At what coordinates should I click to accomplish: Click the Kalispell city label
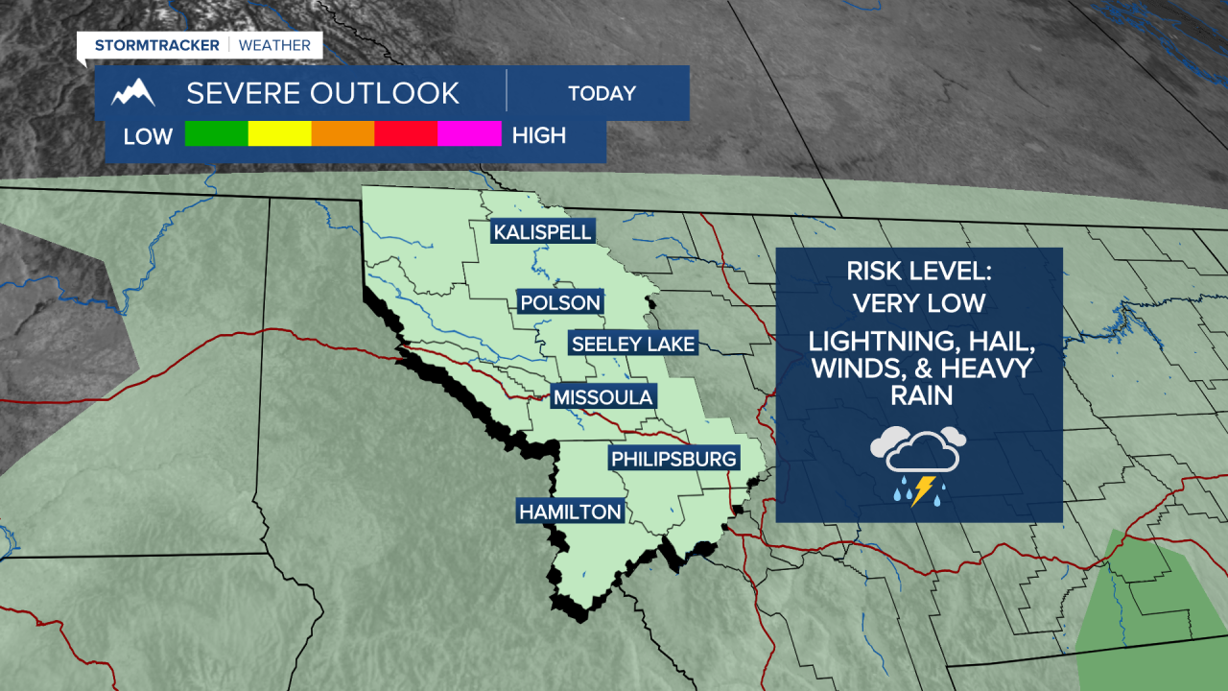(542, 232)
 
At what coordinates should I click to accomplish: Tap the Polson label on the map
(560, 303)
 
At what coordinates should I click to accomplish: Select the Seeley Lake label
(632, 344)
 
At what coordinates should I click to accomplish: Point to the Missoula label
(603, 397)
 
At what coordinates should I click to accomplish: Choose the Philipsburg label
(674, 459)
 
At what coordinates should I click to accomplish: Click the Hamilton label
(570, 512)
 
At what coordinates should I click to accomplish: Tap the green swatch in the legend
(216, 134)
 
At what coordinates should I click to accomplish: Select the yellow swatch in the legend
(279, 134)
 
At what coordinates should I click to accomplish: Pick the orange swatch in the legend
(342, 134)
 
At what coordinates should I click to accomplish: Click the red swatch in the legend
(406, 134)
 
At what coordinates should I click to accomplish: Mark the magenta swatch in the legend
(469, 134)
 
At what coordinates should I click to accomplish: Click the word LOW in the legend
(148, 136)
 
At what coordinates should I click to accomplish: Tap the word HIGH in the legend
(539, 135)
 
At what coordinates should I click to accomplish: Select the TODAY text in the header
(602, 94)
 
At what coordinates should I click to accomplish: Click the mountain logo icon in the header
(133, 93)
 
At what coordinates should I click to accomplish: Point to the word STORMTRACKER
(157, 45)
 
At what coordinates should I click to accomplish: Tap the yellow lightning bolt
(923, 490)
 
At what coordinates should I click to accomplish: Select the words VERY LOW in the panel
(918, 303)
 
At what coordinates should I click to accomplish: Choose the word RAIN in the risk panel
(919, 394)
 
